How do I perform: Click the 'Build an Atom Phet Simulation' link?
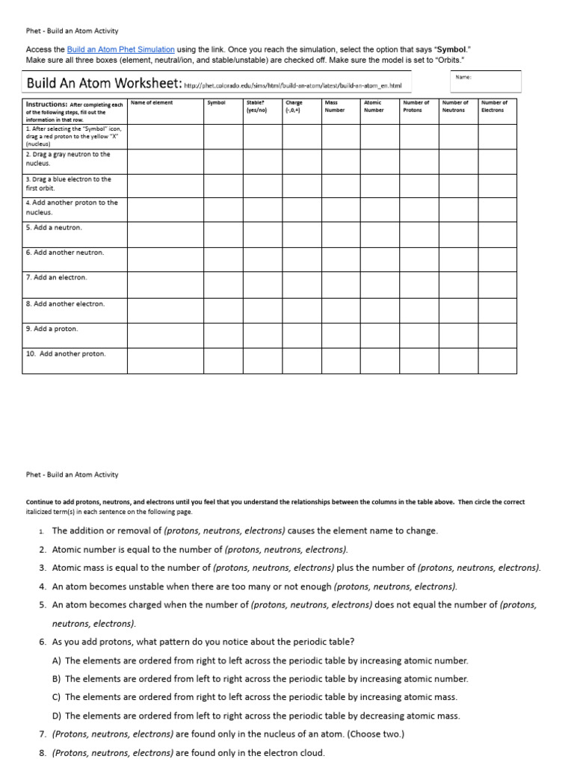click(120, 49)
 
